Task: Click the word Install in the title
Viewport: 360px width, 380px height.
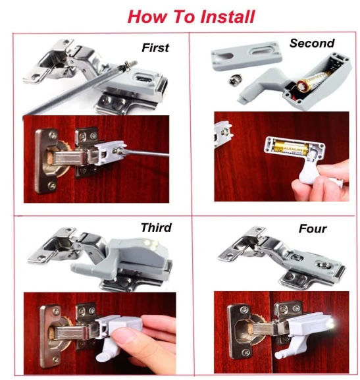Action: [x=228, y=16]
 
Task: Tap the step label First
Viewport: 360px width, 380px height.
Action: [x=155, y=47]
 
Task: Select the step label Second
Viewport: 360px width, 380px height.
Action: [x=312, y=43]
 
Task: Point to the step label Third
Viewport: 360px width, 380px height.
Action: [x=156, y=227]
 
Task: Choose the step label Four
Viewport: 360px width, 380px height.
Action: [x=313, y=229]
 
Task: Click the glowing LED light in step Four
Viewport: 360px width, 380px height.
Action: [x=331, y=323]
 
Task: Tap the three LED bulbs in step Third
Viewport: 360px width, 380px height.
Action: [x=151, y=244]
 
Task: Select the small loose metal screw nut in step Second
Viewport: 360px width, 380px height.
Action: [x=234, y=80]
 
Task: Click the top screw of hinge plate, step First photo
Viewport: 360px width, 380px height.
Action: [x=53, y=135]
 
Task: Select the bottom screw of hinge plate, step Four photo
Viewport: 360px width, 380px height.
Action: [x=246, y=352]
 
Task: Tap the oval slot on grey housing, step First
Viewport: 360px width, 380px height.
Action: [x=143, y=78]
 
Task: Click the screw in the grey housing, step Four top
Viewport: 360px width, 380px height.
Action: [x=324, y=265]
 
